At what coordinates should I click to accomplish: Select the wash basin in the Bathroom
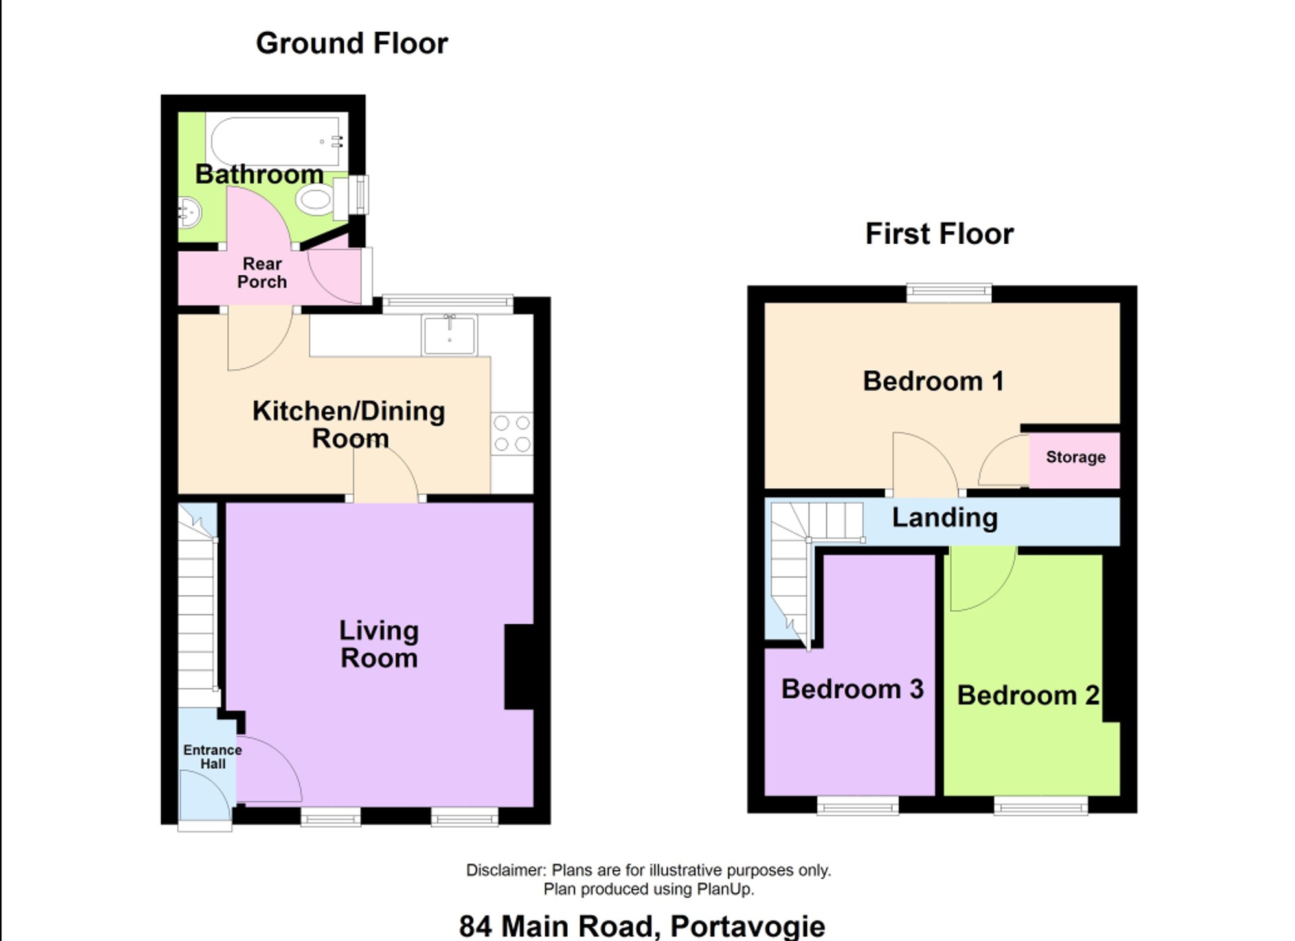pos(189,212)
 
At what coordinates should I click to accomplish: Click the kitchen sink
pos(449,335)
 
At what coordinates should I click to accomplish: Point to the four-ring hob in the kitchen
pos(512,434)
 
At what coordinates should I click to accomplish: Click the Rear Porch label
pos(262,273)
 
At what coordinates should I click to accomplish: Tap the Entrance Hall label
pos(212,756)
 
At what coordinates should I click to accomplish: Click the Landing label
pos(945,517)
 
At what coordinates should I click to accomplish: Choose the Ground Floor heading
pos(352,43)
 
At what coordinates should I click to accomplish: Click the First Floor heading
pos(940,234)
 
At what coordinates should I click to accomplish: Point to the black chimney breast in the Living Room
pos(519,666)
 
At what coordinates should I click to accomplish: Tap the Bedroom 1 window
pos(949,293)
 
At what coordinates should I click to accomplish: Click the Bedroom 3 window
pos(858,805)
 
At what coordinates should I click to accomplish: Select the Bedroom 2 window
pos(1041,805)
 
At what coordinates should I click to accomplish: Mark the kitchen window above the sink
pos(447,304)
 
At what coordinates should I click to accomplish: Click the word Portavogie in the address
pos(747,925)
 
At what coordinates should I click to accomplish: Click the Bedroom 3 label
pos(852,689)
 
